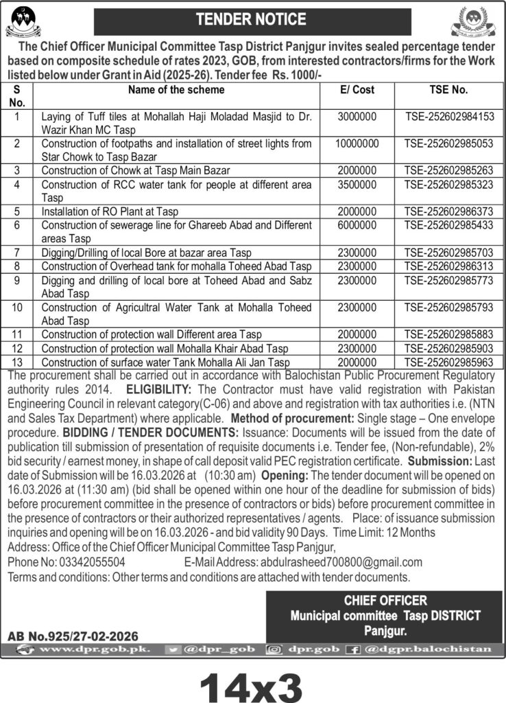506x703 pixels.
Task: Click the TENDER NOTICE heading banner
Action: [x=253, y=19]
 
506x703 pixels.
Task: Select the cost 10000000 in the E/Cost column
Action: [x=357, y=144]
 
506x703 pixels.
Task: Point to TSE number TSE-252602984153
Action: [x=449, y=117]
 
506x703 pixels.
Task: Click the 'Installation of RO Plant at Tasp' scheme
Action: [x=110, y=211]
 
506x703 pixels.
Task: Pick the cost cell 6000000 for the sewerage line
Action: [x=357, y=224]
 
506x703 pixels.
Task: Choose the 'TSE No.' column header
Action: [x=449, y=90]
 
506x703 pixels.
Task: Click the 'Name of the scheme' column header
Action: [x=177, y=90]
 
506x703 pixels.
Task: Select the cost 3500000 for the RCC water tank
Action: [x=357, y=185]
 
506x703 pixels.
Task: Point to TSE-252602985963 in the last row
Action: [x=449, y=362]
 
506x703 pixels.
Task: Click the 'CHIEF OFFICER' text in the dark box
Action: [x=385, y=600]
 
